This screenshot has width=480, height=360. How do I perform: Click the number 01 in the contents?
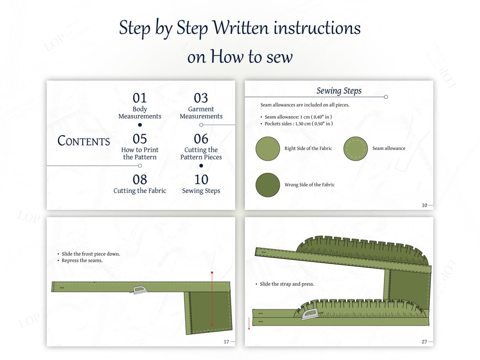pos(139,98)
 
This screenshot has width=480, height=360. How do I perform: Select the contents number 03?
pos(201,98)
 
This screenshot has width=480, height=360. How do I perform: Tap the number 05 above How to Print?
pos(139,139)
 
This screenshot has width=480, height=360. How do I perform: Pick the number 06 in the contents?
pos(201,139)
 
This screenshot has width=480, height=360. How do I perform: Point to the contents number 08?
pos(139,180)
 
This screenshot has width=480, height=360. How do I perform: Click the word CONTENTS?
pos(84,141)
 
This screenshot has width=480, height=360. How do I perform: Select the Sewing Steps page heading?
pos(339,91)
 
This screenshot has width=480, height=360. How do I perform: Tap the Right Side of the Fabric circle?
pos(268,148)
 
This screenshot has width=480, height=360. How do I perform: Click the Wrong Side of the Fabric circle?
pos(268,185)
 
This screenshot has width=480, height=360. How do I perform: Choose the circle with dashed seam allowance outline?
pos(355,148)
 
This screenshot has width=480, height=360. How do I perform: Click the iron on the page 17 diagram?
pos(139,290)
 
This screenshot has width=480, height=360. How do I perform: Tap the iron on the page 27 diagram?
pos(309,314)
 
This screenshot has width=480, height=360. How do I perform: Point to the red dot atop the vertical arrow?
pos(212,273)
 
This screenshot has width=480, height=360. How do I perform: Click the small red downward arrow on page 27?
pos(249,323)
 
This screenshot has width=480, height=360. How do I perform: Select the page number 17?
pos(226,342)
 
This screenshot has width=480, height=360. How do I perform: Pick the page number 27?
pos(424,342)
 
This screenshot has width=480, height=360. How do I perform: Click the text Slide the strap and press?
pos(287,284)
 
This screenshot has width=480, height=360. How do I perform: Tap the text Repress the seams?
pos(82,261)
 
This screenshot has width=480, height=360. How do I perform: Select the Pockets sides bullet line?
pos(299,124)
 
